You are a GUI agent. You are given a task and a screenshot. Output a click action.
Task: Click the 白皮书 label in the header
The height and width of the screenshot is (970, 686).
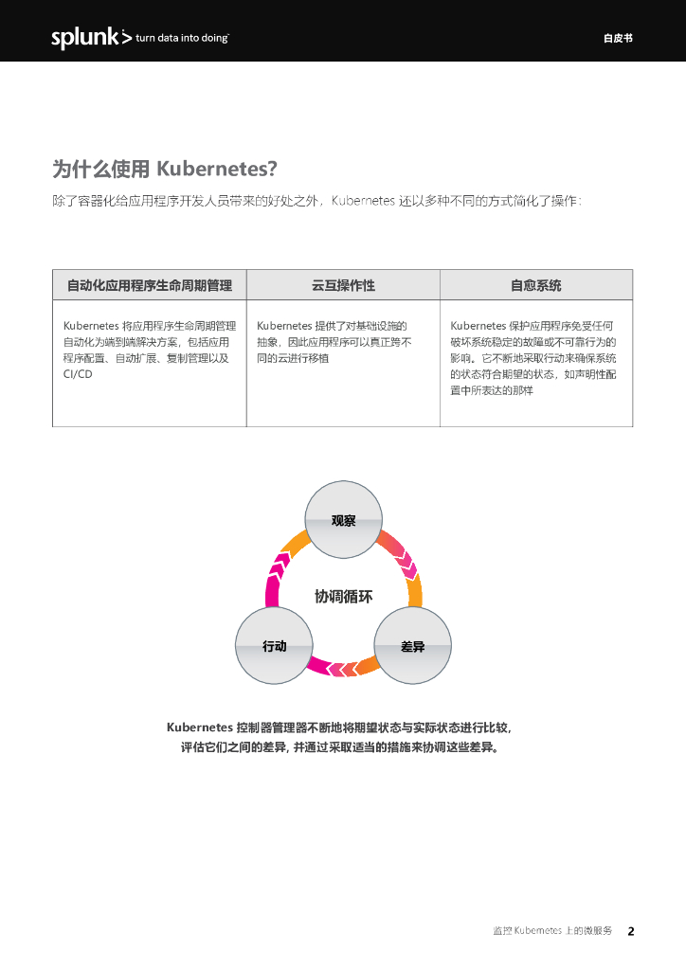tap(617, 39)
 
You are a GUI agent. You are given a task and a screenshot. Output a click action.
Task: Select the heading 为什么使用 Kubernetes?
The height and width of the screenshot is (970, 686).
tap(164, 169)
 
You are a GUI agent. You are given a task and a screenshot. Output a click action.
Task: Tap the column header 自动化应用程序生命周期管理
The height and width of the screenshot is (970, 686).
tap(149, 285)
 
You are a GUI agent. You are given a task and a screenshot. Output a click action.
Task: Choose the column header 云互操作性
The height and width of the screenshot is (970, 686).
tap(343, 285)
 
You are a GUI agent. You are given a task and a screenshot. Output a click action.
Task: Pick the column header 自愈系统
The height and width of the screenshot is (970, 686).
tap(535, 285)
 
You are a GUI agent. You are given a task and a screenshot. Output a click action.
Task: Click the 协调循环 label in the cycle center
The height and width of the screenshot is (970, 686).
tap(343, 597)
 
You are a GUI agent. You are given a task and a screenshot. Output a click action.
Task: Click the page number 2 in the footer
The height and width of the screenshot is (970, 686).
tap(631, 931)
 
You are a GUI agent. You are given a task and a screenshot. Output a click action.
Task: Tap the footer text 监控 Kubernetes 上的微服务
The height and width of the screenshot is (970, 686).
tap(552, 931)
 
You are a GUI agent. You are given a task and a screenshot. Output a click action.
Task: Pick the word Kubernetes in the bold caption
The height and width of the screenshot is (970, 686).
tap(199, 727)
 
